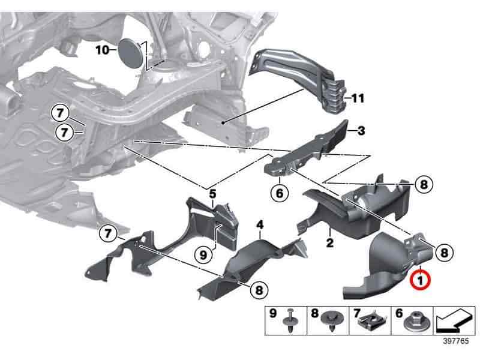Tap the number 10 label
[x=103, y=50]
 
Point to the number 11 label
[x=358, y=97]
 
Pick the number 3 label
[x=361, y=130]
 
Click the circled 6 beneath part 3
[x=280, y=193]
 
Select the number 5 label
[x=212, y=193]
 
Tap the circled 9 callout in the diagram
[x=204, y=254]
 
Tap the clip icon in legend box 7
[x=370, y=325]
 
